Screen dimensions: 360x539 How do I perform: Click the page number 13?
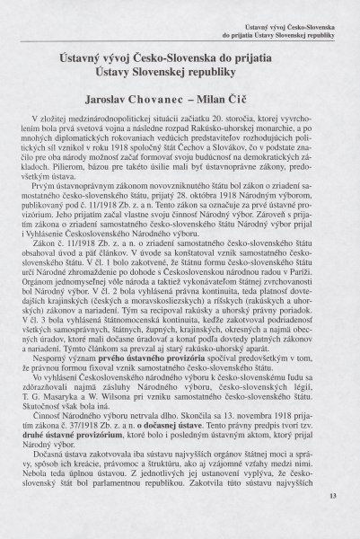pyautogui.click(x=330, y=519)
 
